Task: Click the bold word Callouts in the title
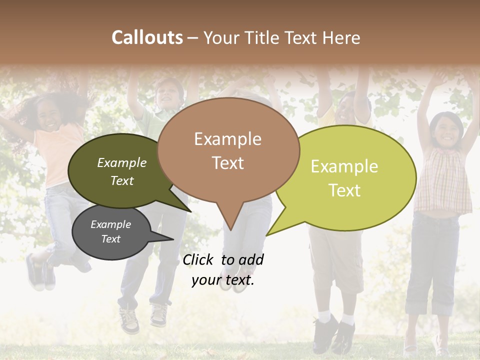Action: point(147,37)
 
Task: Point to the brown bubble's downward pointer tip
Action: point(230,230)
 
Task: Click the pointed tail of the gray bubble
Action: point(173,239)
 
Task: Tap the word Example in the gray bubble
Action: point(110,224)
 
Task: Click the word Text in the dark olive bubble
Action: point(121,181)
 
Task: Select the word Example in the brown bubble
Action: point(227,139)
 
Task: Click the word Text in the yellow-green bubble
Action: point(345,190)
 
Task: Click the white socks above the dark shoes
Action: point(335,317)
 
